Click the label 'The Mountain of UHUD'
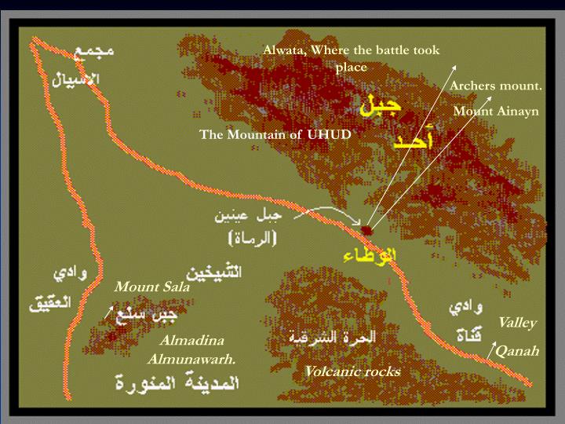[x=275, y=134]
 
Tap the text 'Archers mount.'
[x=496, y=85]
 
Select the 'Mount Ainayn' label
[x=496, y=111]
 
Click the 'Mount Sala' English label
[x=152, y=287]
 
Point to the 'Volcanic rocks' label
[x=352, y=371]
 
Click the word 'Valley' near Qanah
[x=517, y=322]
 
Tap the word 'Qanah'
[x=517, y=351]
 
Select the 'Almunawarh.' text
[x=191, y=360]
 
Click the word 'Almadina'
[x=191, y=341]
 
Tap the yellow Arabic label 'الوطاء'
[x=370, y=255]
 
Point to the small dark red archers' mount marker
[x=367, y=230]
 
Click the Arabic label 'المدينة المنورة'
[x=176, y=383]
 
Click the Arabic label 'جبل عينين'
[x=245, y=216]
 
